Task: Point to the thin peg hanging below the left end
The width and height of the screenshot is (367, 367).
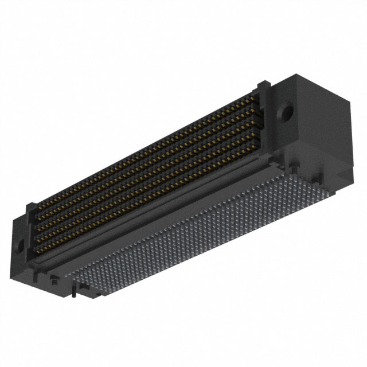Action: (75, 294)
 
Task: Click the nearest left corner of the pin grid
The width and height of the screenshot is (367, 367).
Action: (75, 281)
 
